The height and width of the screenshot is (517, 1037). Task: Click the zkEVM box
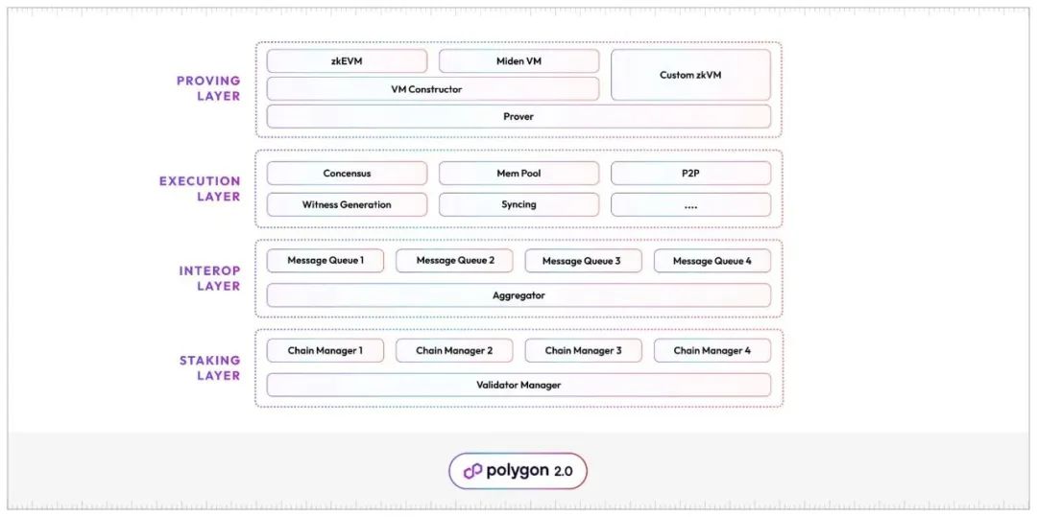point(347,61)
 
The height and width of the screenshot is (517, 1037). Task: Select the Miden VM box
point(518,61)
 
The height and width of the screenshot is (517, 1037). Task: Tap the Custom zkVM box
point(690,75)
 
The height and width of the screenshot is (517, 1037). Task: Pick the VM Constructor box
point(432,89)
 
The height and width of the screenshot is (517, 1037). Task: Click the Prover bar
point(518,117)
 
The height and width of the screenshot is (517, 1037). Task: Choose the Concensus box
point(347,174)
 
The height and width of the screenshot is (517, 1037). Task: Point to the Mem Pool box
point(518,174)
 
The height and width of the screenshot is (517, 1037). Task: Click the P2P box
point(690,174)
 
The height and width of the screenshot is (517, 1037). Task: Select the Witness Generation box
point(347,204)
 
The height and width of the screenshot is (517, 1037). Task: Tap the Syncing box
point(518,204)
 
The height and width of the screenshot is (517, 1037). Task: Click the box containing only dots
point(690,204)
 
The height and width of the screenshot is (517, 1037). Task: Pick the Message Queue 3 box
point(583,261)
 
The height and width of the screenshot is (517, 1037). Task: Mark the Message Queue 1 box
point(325,261)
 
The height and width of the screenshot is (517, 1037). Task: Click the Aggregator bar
point(518,295)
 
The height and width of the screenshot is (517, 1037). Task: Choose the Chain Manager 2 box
point(453,351)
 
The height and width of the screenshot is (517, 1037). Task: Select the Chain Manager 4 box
point(712,351)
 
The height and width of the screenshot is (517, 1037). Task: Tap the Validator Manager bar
point(518,385)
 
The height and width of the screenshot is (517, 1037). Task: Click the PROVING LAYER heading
point(208,88)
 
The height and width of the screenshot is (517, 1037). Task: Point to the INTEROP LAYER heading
point(209,278)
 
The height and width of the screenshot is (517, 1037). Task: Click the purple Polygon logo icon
point(472,472)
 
